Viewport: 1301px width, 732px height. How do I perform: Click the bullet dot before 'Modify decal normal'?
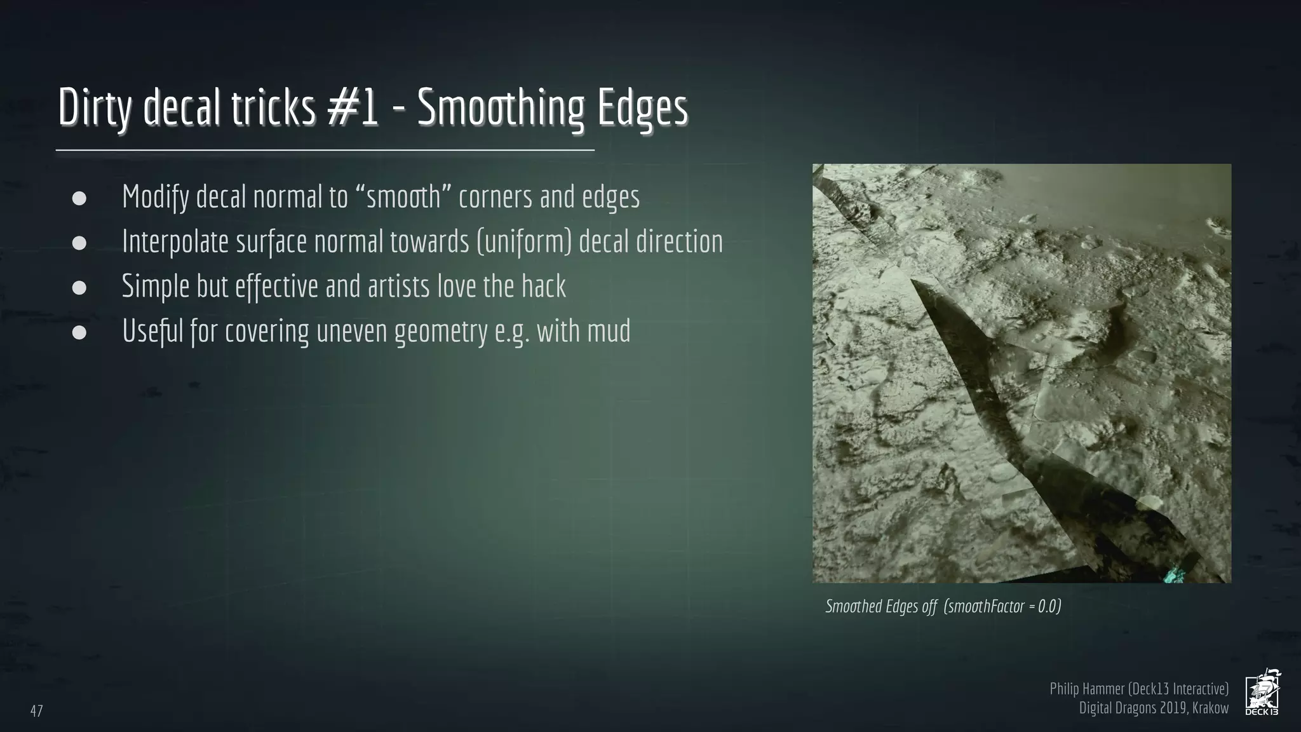click(x=79, y=198)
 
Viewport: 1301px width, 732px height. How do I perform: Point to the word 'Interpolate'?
click(x=175, y=242)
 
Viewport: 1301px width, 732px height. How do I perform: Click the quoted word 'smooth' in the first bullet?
click(x=403, y=197)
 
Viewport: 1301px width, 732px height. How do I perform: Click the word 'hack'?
click(x=544, y=287)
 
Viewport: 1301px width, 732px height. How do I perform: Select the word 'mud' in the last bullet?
click(x=610, y=331)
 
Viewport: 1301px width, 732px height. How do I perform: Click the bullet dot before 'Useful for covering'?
click(x=79, y=332)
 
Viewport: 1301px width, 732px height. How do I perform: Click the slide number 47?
click(x=37, y=711)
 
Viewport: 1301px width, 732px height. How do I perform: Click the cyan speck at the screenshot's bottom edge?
click(x=1171, y=576)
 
